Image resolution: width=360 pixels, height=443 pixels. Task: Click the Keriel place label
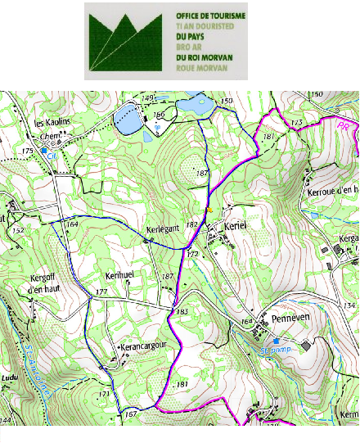click(233, 224)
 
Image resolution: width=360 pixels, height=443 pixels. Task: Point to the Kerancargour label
click(149, 347)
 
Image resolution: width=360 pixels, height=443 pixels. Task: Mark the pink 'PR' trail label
click(344, 126)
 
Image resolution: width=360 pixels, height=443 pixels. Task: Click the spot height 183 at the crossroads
click(182, 312)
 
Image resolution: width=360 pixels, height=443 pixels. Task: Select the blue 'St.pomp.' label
click(277, 349)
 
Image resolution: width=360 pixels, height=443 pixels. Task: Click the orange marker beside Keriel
click(210, 210)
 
